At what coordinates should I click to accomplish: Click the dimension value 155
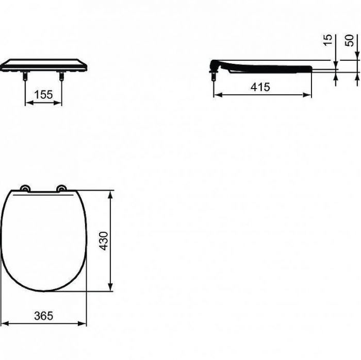[43, 95]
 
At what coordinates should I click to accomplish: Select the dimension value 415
[260, 87]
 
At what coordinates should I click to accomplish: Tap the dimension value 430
[104, 241]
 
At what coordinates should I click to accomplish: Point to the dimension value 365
[44, 316]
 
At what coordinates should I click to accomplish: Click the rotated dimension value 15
[328, 40]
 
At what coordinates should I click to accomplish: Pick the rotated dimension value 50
[349, 40]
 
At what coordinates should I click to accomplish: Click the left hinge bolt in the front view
[25, 76]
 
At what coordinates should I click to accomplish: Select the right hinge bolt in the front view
[61, 76]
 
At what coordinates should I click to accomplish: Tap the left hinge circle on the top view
[25, 188]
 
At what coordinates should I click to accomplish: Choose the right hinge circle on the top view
[61, 188]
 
